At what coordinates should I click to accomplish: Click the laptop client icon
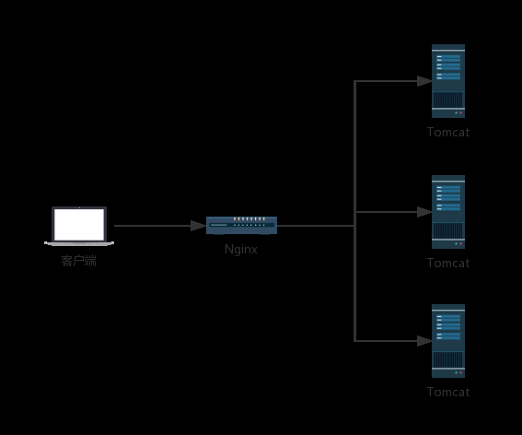79,227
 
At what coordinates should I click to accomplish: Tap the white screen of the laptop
79,223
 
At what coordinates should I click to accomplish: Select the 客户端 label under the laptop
79,261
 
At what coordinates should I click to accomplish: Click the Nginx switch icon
241,225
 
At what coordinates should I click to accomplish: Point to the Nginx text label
241,249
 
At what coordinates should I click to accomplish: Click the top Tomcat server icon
448,81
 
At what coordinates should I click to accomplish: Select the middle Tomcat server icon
448,212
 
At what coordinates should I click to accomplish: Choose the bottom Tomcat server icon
448,341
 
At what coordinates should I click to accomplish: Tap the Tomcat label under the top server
448,132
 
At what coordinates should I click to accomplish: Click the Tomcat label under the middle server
448,263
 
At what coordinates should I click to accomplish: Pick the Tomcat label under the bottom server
448,392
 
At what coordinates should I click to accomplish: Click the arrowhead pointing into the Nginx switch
199,225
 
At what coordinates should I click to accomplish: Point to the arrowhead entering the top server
423,81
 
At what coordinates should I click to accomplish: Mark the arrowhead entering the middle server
423,212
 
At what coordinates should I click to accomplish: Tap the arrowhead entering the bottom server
423,341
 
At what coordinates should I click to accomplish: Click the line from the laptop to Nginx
152,225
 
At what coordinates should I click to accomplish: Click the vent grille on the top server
448,99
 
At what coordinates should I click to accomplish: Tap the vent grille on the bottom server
448,359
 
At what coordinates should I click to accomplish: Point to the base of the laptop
79,243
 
